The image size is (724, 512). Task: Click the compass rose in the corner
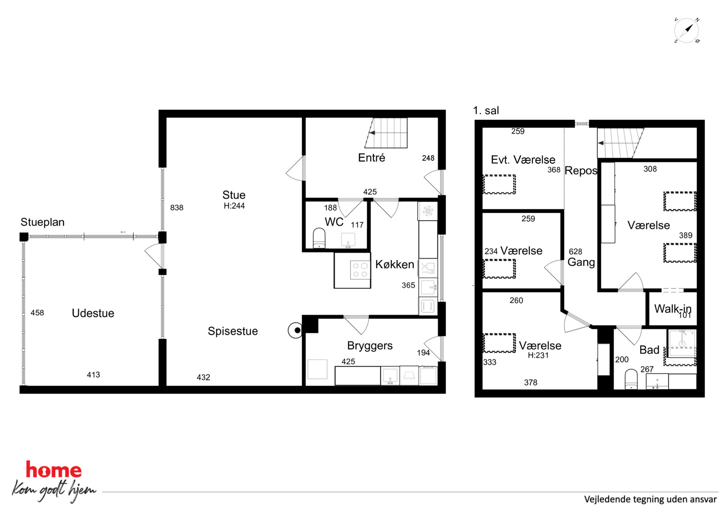[686, 30]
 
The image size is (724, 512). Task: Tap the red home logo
[54, 470]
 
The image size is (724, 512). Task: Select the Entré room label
[371, 158]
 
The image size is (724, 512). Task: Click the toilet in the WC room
[319, 238]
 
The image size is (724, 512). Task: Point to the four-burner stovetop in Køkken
[360, 270]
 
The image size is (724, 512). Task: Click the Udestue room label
[93, 313]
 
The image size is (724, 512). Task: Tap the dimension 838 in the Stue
[177, 208]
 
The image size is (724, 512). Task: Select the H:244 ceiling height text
[234, 206]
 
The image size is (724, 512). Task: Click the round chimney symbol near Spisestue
[296, 330]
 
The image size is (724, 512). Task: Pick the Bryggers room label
[370, 345]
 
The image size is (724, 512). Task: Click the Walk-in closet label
[673, 309]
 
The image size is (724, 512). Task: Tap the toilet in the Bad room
[631, 379]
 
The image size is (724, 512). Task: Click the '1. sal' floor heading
[486, 111]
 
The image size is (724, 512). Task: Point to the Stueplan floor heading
[42, 222]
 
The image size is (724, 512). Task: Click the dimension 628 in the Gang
[575, 251]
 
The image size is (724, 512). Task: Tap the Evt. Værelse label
[523, 159]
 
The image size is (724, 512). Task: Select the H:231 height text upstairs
[538, 355]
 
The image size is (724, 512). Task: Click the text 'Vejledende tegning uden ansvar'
[650, 499]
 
